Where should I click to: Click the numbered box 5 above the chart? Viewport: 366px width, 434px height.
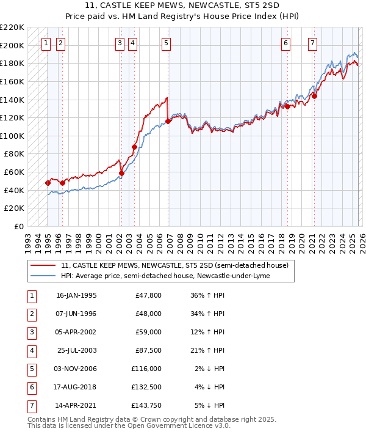tap(167, 43)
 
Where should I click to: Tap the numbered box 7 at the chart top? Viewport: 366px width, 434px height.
tap(312, 43)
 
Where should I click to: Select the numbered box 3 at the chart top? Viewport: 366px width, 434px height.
tap(120, 43)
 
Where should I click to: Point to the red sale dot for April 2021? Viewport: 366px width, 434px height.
tap(315, 95)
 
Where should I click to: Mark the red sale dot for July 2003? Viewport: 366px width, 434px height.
tap(134, 147)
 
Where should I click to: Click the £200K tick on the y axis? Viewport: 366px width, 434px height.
tap(12, 45)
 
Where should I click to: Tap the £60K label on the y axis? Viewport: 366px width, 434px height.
tap(14, 172)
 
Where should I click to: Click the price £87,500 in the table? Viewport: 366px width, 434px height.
tap(148, 350)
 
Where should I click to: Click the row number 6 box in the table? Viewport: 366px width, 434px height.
tap(30, 387)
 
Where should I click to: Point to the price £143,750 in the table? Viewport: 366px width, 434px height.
tap(146, 405)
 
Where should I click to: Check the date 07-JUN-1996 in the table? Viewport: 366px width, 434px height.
tap(76, 314)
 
